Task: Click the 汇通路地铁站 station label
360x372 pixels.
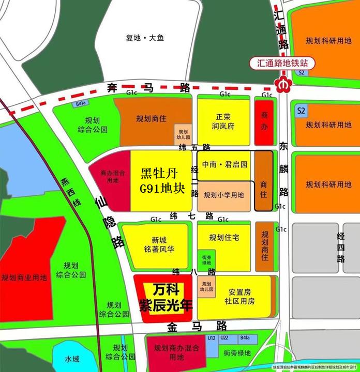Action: click(x=282, y=63)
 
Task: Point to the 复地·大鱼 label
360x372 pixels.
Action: click(x=145, y=38)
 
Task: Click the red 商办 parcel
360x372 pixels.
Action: click(x=265, y=122)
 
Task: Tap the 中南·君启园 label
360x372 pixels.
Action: click(x=225, y=164)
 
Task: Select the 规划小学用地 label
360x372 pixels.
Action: click(x=224, y=195)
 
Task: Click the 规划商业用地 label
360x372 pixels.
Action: click(x=24, y=277)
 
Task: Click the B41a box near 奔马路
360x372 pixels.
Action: click(x=81, y=104)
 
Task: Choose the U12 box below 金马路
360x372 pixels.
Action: click(x=211, y=338)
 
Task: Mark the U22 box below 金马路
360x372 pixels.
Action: click(x=224, y=338)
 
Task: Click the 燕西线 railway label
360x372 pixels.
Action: click(x=70, y=191)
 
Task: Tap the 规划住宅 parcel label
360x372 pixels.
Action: click(x=224, y=238)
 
